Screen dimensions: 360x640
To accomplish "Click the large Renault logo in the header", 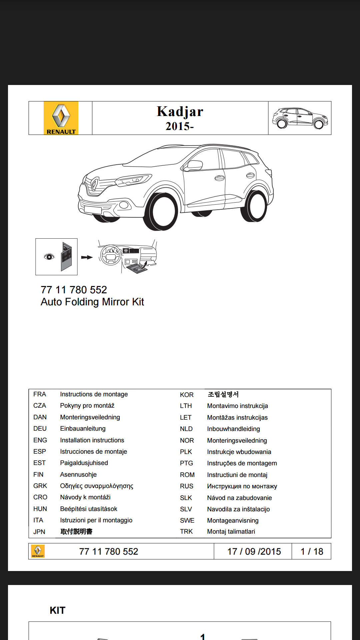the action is [61, 118].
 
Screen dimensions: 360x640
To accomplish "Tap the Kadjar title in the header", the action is [180, 111].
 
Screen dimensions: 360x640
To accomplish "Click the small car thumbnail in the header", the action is [300, 118].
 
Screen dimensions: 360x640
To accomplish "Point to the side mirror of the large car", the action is [195, 165].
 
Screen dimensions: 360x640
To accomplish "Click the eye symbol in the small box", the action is [49, 256].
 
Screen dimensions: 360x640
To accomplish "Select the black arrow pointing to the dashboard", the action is [87, 257].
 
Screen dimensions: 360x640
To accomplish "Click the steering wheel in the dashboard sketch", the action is [110, 255].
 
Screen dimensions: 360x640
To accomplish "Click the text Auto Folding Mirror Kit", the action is [92, 302].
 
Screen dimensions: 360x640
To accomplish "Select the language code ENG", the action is [40, 440].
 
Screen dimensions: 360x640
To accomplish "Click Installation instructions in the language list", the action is [92, 440].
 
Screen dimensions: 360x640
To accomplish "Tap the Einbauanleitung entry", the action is [83, 428].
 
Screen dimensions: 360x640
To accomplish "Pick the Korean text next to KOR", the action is [223, 394].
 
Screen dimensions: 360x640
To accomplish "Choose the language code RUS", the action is [187, 486].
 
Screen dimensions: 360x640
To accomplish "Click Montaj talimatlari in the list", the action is [231, 531].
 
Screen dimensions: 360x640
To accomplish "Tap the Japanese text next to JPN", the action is [76, 531].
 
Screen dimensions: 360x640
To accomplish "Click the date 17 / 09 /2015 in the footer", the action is [254, 551].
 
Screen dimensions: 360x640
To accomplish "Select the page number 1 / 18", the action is [312, 551].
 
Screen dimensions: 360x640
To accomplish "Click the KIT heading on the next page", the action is [57, 610].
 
